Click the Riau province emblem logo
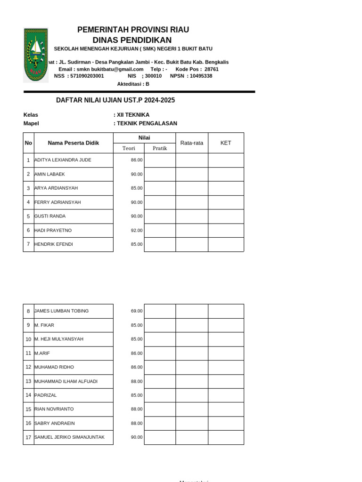pyautogui.click(x=36, y=55)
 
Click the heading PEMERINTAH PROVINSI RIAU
pyautogui.click(x=133, y=30)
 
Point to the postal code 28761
pyautogui.click(x=211, y=69)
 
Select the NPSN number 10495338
pyautogui.click(x=201, y=76)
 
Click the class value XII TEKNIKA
pyautogui.click(x=133, y=115)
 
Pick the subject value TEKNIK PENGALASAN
pyautogui.click(x=147, y=123)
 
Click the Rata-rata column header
pyautogui.click(x=192, y=143)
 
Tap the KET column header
pyautogui.click(x=226, y=143)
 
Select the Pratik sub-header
pyautogui.click(x=160, y=148)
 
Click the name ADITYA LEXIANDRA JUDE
pyautogui.click(x=63, y=160)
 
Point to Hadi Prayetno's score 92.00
pyautogui.click(x=137, y=231)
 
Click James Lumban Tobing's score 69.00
pyautogui.click(x=137, y=311)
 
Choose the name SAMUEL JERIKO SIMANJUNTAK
pyautogui.click(x=69, y=437)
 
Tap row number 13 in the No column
pyautogui.click(x=28, y=381)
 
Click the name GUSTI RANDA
pyautogui.click(x=50, y=217)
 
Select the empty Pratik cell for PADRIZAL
pyautogui.click(x=160, y=395)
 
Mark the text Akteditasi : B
pyautogui.click(x=133, y=84)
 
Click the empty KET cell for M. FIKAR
pyautogui.click(x=226, y=325)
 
